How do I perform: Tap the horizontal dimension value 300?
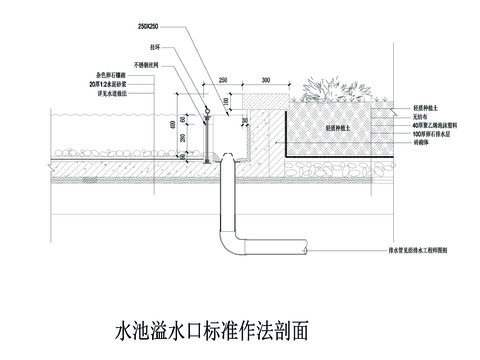pyautogui.click(x=266, y=78)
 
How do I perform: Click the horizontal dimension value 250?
pyautogui.click(x=223, y=78)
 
